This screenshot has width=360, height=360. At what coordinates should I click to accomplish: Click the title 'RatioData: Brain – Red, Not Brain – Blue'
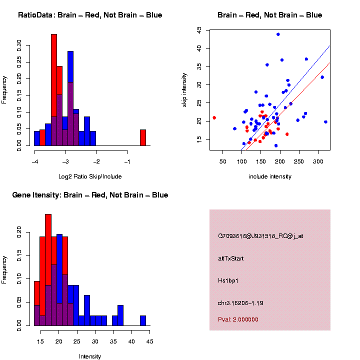tap(90, 15)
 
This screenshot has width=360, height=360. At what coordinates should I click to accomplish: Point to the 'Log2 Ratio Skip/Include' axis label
tap(90, 176)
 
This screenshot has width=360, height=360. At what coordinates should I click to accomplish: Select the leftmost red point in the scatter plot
tap(214, 117)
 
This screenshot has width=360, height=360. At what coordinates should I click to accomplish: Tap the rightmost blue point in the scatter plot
tap(325, 121)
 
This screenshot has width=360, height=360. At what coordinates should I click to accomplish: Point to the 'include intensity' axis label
tap(270, 176)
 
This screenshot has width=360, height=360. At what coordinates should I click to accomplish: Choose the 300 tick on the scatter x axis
tap(318, 161)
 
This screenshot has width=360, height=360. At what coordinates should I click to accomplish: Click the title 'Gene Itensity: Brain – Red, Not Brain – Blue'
tap(90, 195)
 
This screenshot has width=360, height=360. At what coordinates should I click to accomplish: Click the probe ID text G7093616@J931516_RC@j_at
tap(260, 236)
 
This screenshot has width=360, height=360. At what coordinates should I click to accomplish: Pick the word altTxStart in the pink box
tap(231, 258)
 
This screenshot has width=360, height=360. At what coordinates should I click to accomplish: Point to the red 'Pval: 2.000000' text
tap(238, 319)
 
